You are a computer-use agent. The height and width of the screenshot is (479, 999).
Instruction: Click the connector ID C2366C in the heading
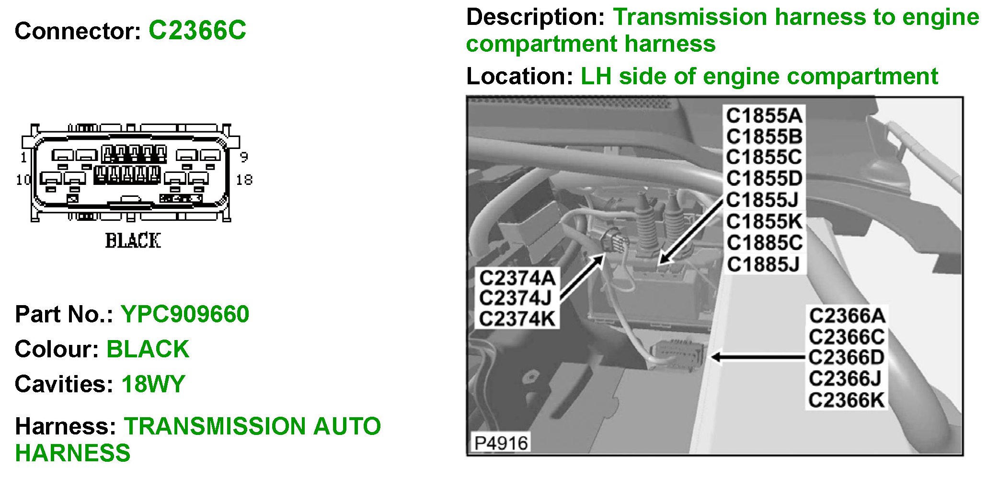click(197, 31)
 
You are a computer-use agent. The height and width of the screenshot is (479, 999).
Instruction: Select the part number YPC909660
click(185, 314)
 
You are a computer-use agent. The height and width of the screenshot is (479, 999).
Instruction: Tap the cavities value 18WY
click(153, 384)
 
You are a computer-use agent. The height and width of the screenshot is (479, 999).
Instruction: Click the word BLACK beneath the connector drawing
click(133, 240)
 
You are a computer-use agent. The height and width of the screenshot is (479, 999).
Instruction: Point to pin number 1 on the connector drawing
click(23, 157)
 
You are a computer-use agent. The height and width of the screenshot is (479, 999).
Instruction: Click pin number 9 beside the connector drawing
click(244, 157)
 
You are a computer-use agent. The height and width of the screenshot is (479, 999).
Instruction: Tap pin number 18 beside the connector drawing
click(244, 180)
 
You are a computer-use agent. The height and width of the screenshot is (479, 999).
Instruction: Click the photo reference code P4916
click(501, 443)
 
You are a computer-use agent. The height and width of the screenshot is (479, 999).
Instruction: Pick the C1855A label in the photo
click(764, 116)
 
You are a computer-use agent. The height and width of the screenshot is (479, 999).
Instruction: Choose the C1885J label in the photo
click(764, 264)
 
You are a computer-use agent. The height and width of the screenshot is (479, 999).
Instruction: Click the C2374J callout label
click(516, 298)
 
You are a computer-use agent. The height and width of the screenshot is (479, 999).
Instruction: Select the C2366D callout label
click(846, 357)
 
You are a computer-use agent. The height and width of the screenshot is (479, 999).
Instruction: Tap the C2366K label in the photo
click(846, 400)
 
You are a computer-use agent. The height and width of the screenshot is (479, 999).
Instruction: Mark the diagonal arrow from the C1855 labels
click(690, 232)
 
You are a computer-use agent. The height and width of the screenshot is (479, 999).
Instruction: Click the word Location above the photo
click(519, 77)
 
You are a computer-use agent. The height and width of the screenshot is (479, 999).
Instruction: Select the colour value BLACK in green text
click(148, 349)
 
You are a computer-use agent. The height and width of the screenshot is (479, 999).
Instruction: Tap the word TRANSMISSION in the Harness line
click(214, 426)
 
